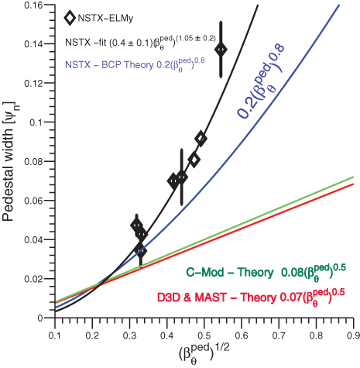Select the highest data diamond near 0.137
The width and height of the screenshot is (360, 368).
[x=222, y=50]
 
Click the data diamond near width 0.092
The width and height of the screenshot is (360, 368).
[x=201, y=139]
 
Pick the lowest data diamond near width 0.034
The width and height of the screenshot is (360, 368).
[x=140, y=251]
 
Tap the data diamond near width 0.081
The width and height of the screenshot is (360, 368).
[x=194, y=160]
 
